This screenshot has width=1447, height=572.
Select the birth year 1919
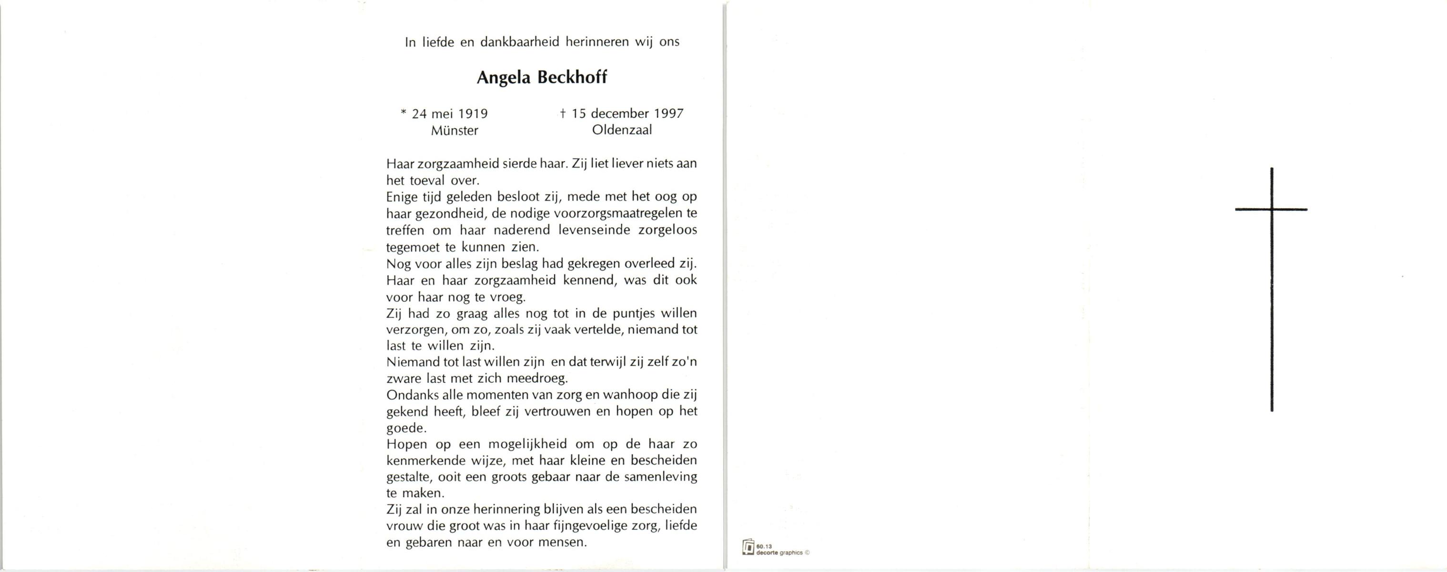(x=473, y=114)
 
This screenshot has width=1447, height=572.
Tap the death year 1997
(x=668, y=113)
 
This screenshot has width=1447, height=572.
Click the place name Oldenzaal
(x=622, y=130)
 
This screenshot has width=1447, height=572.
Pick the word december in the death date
(x=620, y=113)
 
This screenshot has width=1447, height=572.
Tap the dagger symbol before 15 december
(x=562, y=113)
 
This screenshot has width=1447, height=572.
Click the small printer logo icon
(x=748, y=547)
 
